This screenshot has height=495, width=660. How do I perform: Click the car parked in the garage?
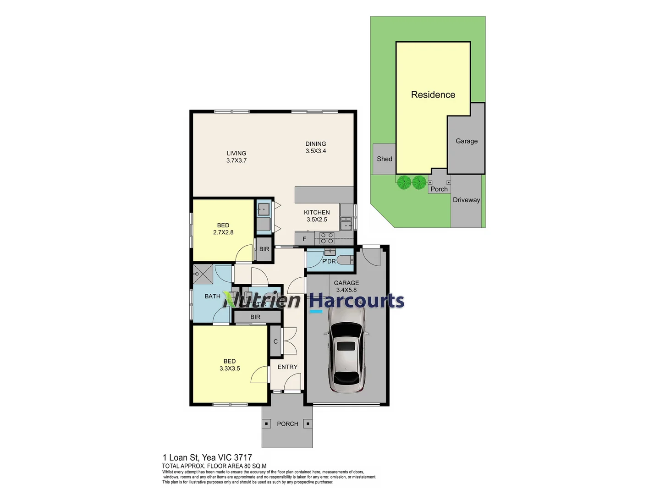click(x=346, y=350)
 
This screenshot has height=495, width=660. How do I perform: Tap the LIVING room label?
click(x=236, y=157)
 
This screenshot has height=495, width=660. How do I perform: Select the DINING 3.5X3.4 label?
click(x=316, y=147)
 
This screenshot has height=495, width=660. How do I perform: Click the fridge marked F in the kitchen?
click(x=304, y=239)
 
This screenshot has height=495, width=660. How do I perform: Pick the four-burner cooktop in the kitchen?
click(x=327, y=238)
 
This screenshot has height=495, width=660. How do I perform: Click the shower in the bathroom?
click(x=203, y=275)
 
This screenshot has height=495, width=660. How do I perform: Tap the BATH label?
click(x=213, y=297)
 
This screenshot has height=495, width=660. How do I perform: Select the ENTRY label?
click(x=287, y=367)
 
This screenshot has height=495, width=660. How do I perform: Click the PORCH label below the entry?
click(x=287, y=424)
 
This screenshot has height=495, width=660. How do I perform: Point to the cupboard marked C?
click(x=275, y=341)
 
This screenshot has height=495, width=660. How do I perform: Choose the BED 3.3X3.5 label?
click(x=230, y=365)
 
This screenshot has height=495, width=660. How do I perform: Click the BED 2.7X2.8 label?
click(x=223, y=229)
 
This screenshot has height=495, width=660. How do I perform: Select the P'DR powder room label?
click(x=329, y=261)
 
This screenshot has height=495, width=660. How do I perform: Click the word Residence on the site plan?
click(x=433, y=95)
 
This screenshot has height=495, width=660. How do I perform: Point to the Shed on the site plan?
click(x=385, y=159)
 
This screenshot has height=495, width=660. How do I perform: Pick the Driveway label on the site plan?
click(x=467, y=200)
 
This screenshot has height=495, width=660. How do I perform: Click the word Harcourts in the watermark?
click(x=357, y=301)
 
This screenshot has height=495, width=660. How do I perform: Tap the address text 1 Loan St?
click(x=181, y=457)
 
